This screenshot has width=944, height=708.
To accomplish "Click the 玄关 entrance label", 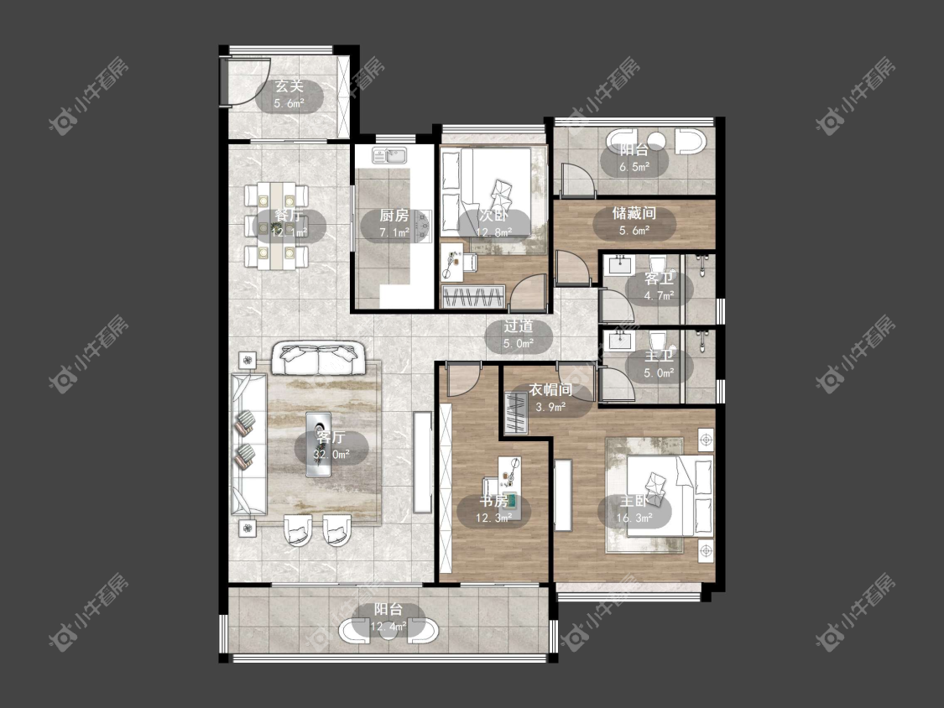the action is tap(289, 86).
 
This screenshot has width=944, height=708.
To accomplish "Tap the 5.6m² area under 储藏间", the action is tap(634, 231).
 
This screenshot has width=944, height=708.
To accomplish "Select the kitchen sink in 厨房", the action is tap(389, 156).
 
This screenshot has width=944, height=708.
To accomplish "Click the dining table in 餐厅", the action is tap(277, 225).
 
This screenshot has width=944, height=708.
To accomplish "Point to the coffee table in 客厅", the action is tap(319, 444).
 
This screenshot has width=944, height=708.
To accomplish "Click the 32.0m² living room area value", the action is tap(331, 455).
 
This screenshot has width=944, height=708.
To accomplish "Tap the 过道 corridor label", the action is tap(519, 326).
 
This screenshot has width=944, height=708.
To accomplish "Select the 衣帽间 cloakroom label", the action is tap(550, 390).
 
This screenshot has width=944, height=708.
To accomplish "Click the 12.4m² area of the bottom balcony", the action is tap(389, 627).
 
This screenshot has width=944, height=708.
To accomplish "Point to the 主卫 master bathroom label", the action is tap(659, 357).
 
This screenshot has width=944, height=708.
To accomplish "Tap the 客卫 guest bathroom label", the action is tap(659, 279).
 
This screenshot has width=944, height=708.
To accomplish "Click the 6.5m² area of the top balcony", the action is tap(634, 167).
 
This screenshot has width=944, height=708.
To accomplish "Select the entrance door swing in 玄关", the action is tap(247, 82).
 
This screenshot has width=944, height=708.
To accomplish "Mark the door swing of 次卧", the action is tap(528, 293).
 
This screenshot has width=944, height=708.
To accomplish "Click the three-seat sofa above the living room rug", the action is tap(319, 357).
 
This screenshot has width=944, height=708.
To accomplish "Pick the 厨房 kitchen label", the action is tap(394, 216).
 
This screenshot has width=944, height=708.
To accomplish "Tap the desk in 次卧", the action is tap(452, 262).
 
